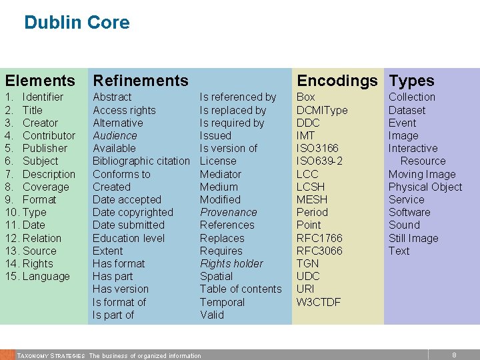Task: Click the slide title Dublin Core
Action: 77,23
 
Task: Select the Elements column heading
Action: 40,81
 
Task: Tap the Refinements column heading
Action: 141,81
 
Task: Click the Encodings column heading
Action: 337,81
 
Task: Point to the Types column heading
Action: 411,81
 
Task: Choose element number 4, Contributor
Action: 49,135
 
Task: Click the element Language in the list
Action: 46,276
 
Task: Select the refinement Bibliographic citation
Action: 141,161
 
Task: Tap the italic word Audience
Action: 115,135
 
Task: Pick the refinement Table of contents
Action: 241,289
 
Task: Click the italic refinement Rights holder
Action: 231,263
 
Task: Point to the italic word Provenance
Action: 228,212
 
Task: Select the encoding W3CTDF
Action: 319,302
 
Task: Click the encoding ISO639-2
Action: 319,161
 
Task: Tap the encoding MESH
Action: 312,199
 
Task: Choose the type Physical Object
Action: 425,187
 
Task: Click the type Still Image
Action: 413,238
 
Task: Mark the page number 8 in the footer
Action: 454,355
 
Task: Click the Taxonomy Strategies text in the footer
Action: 51,355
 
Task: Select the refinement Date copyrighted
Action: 133,212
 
